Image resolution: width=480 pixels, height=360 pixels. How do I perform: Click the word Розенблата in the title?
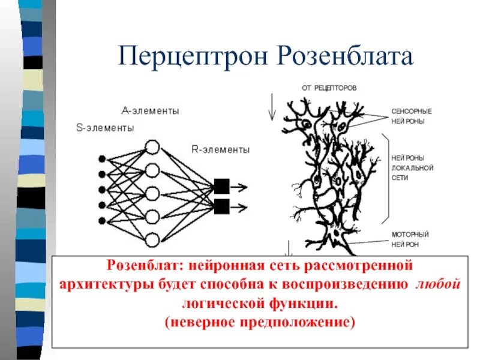(346, 57)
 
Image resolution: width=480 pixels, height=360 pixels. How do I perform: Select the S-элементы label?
(105, 127)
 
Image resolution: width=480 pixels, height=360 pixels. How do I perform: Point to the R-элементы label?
(221, 149)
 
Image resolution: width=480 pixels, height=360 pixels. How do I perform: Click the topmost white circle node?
(152, 148)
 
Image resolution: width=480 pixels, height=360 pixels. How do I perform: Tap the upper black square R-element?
(221, 186)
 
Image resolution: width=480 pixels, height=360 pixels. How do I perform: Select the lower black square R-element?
(221, 207)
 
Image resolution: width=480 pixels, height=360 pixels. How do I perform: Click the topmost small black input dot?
(102, 159)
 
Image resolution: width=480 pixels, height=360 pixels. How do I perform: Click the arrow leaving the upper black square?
(239, 186)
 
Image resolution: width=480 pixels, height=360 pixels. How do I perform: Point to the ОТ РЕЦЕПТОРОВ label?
(329, 88)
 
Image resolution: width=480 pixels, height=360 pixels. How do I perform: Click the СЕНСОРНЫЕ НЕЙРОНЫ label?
(411, 116)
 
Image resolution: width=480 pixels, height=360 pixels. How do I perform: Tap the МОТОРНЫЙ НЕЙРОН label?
(410, 239)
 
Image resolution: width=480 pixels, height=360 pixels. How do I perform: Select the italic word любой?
(437, 284)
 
